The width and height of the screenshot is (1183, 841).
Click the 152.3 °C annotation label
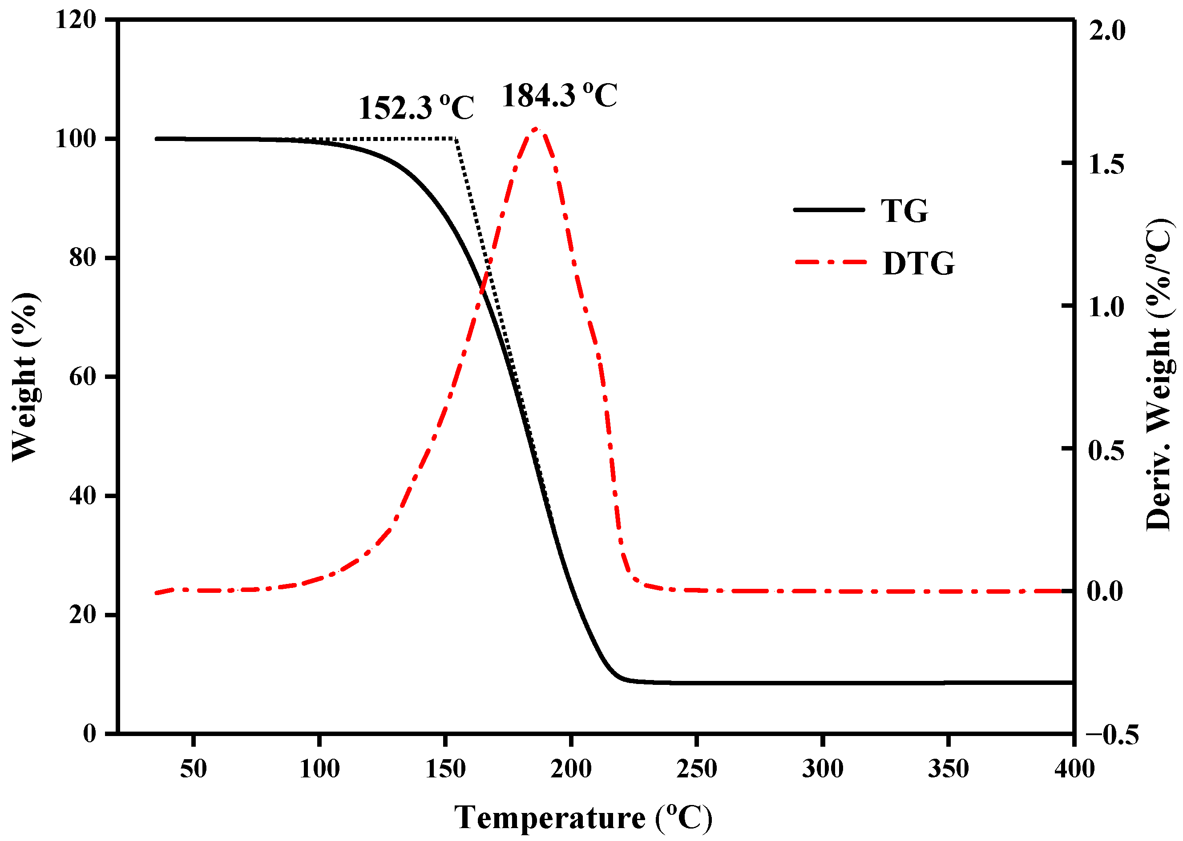point(416,108)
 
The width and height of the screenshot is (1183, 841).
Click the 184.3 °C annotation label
point(559,95)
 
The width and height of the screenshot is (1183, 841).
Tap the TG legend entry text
point(904,211)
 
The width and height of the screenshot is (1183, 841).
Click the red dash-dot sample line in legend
point(830,262)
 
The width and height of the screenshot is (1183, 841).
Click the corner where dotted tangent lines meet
point(456,139)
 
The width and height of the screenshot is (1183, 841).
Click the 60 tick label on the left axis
point(83,377)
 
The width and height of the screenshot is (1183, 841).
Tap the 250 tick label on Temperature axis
point(697,769)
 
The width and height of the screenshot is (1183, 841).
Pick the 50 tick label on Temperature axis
point(193,769)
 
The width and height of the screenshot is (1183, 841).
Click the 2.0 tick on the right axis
point(1107,31)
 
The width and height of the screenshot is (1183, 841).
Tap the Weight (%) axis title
point(25,377)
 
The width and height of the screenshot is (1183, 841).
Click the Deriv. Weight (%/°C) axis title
point(1159,375)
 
